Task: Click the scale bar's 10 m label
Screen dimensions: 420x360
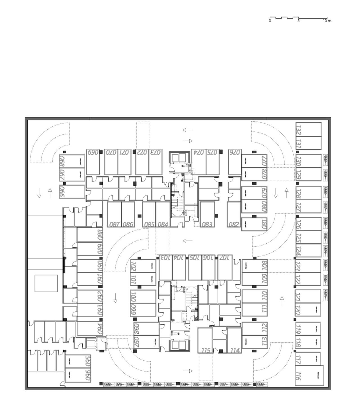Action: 327,21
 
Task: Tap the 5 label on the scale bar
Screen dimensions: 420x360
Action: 299,21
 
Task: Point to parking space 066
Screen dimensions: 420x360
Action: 72,192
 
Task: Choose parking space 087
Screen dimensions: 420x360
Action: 114,214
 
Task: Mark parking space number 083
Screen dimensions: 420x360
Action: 207,214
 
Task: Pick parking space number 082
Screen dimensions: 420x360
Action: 234,214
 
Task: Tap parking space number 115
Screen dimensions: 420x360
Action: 206,340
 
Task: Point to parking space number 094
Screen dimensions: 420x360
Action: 90,329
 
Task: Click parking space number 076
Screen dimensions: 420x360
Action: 235,162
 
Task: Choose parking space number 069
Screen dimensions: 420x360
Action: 93,162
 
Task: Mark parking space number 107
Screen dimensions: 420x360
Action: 225,267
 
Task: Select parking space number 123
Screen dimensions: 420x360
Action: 308,266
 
